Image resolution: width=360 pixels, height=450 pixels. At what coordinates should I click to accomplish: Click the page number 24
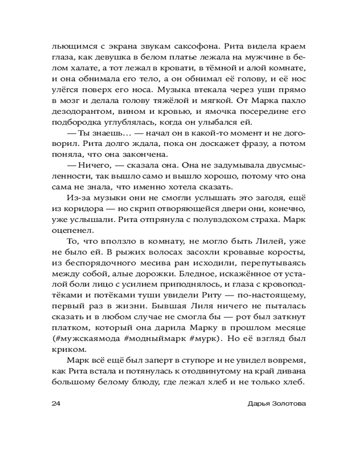[57, 403]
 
